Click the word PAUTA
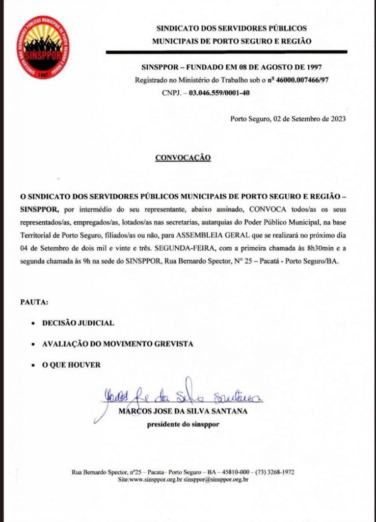34,302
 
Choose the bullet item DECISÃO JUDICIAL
78,323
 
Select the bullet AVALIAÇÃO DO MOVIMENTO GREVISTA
118,344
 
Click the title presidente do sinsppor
183,424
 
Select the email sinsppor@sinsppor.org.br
216,480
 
